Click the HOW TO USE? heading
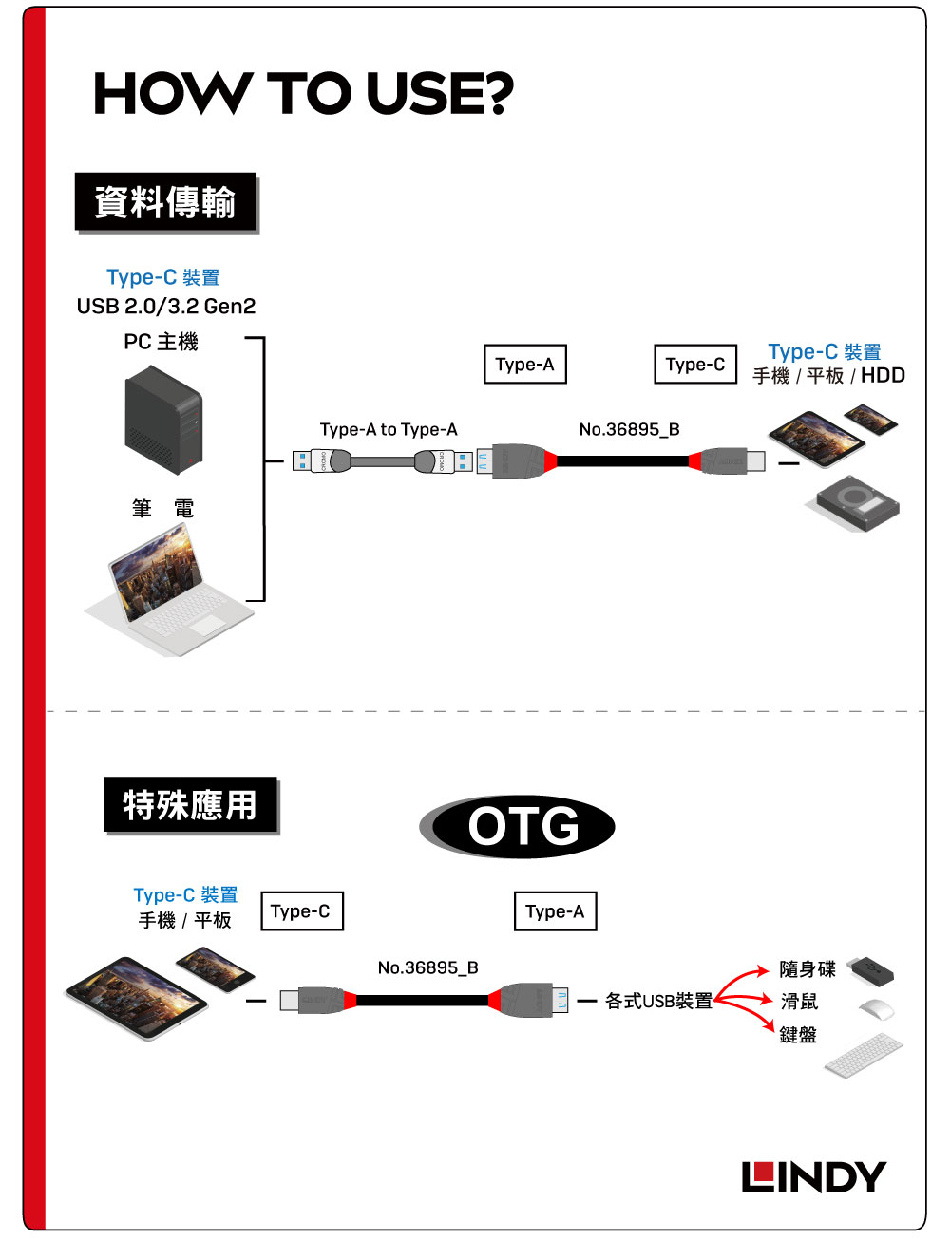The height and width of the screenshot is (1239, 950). (x=303, y=94)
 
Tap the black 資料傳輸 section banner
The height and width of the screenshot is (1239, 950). (x=165, y=202)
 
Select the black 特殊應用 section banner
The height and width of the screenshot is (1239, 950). (x=190, y=805)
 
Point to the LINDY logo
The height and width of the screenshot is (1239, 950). (x=813, y=1177)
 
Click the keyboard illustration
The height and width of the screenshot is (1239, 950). (x=864, y=1055)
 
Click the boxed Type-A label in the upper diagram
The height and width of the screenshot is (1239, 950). (x=524, y=365)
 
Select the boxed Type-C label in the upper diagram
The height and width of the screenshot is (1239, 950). (x=695, y=365)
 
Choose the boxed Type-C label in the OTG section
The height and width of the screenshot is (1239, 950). (x=300, y=911)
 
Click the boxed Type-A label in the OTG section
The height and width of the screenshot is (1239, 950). (x=555, y=911)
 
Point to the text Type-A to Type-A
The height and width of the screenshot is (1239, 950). (x=389, y=430)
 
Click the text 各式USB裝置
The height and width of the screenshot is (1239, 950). (x=658, y=1001)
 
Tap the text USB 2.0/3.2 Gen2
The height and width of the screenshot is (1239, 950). (x=166, y=307)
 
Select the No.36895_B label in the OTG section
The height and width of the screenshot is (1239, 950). (x=427, y=967)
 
